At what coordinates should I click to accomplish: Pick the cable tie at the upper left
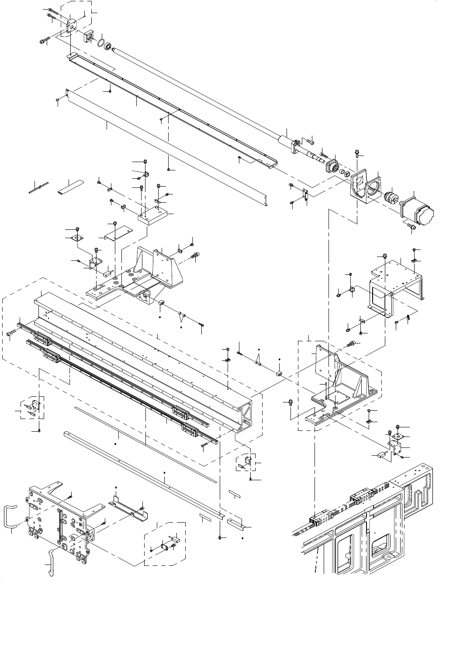[x=39, y=188]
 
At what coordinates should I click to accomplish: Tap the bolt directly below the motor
[x=410, y=226]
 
